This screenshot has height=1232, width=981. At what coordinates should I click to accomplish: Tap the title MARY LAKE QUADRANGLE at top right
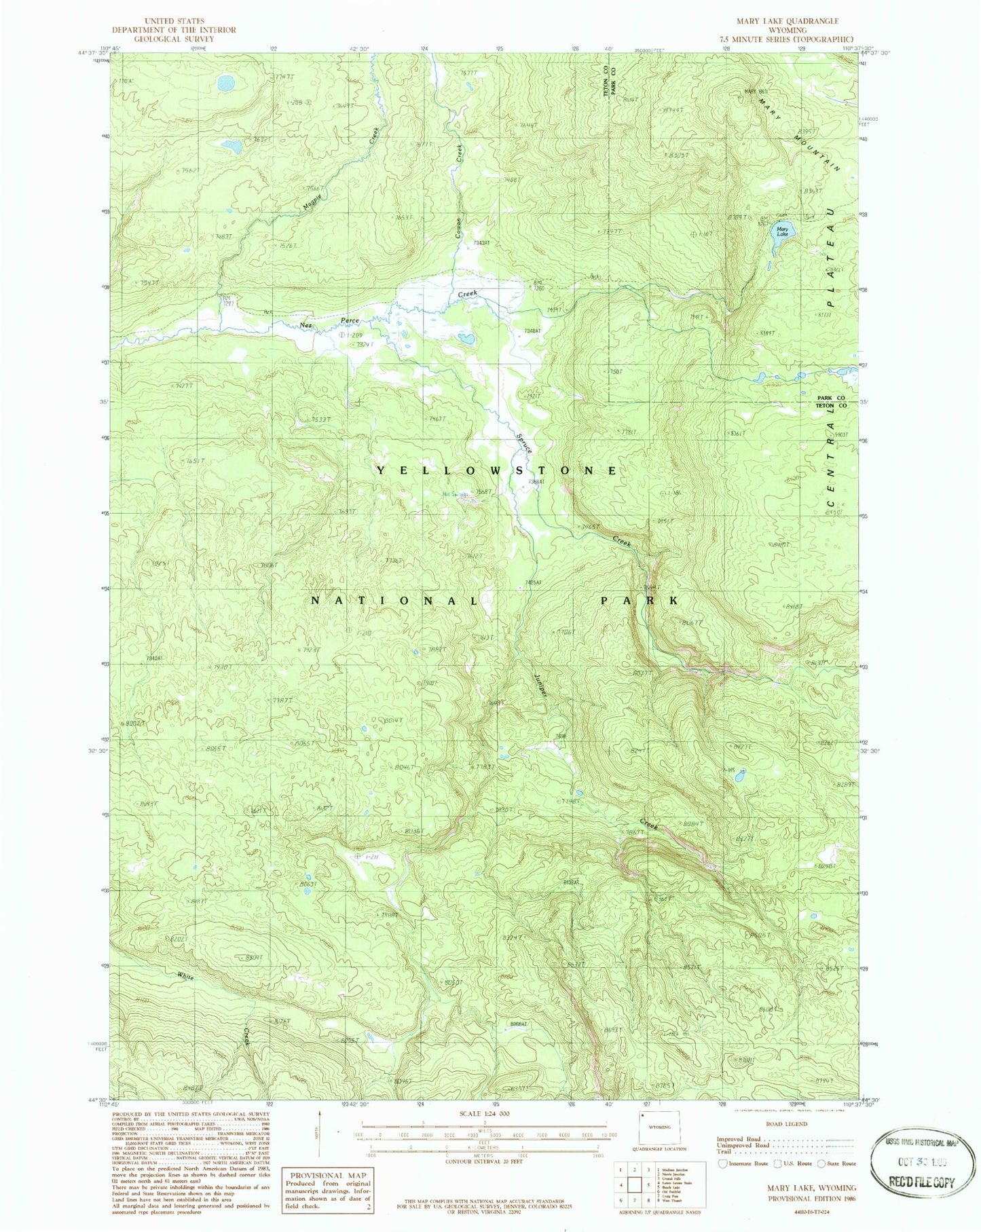(788, 22)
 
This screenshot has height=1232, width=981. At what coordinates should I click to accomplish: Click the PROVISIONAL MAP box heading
(329, 1175)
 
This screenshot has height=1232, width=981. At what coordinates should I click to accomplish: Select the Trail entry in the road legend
(724, 1152)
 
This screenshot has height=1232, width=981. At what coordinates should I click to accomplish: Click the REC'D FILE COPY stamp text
(921, 1182)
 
